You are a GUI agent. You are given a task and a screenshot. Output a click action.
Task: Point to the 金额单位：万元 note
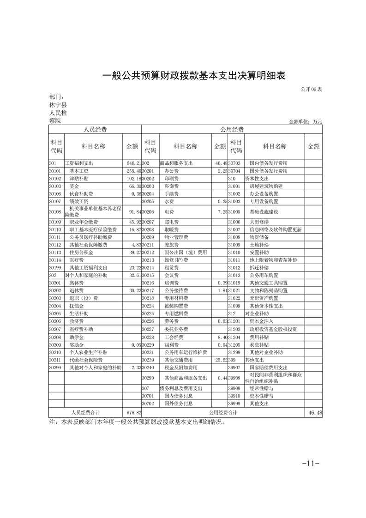[305, 122]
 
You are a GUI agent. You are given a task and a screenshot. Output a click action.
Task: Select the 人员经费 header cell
[95, 129]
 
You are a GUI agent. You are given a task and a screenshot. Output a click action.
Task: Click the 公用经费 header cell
[231, 129]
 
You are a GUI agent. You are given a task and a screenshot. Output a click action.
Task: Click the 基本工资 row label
[79, 171]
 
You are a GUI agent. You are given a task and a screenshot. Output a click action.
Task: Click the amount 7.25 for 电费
[219, 211]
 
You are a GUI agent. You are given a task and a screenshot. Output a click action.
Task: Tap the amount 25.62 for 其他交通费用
[219, 360]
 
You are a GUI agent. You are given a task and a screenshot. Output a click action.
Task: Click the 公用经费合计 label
[223, 412]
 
